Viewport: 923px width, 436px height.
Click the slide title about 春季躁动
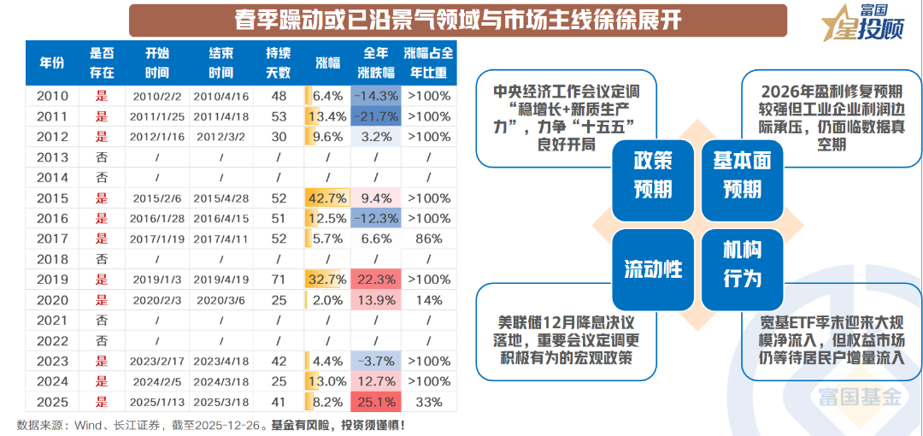458,21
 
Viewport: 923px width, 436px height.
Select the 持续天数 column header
278,62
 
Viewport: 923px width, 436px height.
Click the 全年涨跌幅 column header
375,62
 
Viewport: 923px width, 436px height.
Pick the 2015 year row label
52,198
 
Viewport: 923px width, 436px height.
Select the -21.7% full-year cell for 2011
375,117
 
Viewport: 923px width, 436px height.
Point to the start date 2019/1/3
156,280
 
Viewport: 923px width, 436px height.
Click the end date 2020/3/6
220,300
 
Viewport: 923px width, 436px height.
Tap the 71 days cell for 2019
278,280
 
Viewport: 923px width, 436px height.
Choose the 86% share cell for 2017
428,239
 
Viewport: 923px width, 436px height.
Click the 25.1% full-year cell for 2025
375,402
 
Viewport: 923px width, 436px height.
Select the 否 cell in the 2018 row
102,259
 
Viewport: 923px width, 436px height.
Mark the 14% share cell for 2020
428,300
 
